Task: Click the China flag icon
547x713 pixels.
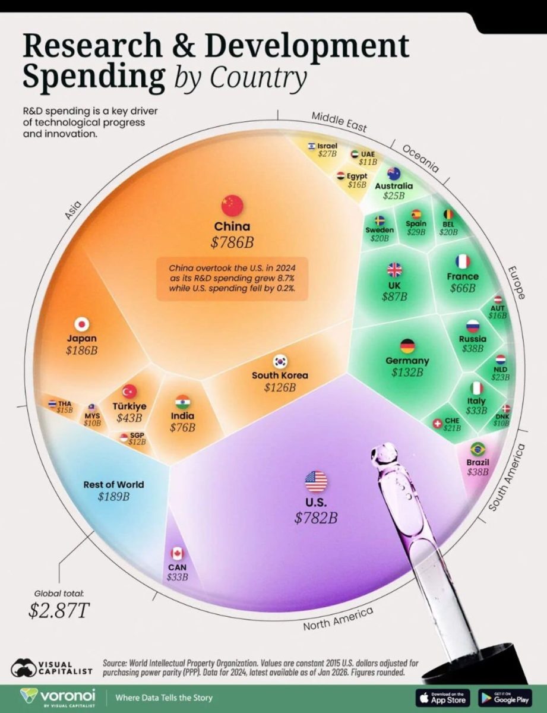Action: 232,205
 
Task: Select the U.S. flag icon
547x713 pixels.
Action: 316,481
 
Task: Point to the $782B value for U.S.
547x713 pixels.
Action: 316,518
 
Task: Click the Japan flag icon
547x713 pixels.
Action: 81,324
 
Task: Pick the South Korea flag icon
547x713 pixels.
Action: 280,361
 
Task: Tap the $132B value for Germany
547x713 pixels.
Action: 407,373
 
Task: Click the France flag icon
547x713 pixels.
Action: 463,261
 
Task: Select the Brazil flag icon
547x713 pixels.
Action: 478,449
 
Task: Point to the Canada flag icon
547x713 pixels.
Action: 177,553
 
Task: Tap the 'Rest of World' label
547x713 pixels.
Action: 113,484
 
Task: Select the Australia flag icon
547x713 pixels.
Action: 393,173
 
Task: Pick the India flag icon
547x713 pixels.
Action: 182,402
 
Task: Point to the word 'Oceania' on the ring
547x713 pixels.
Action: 420,158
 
